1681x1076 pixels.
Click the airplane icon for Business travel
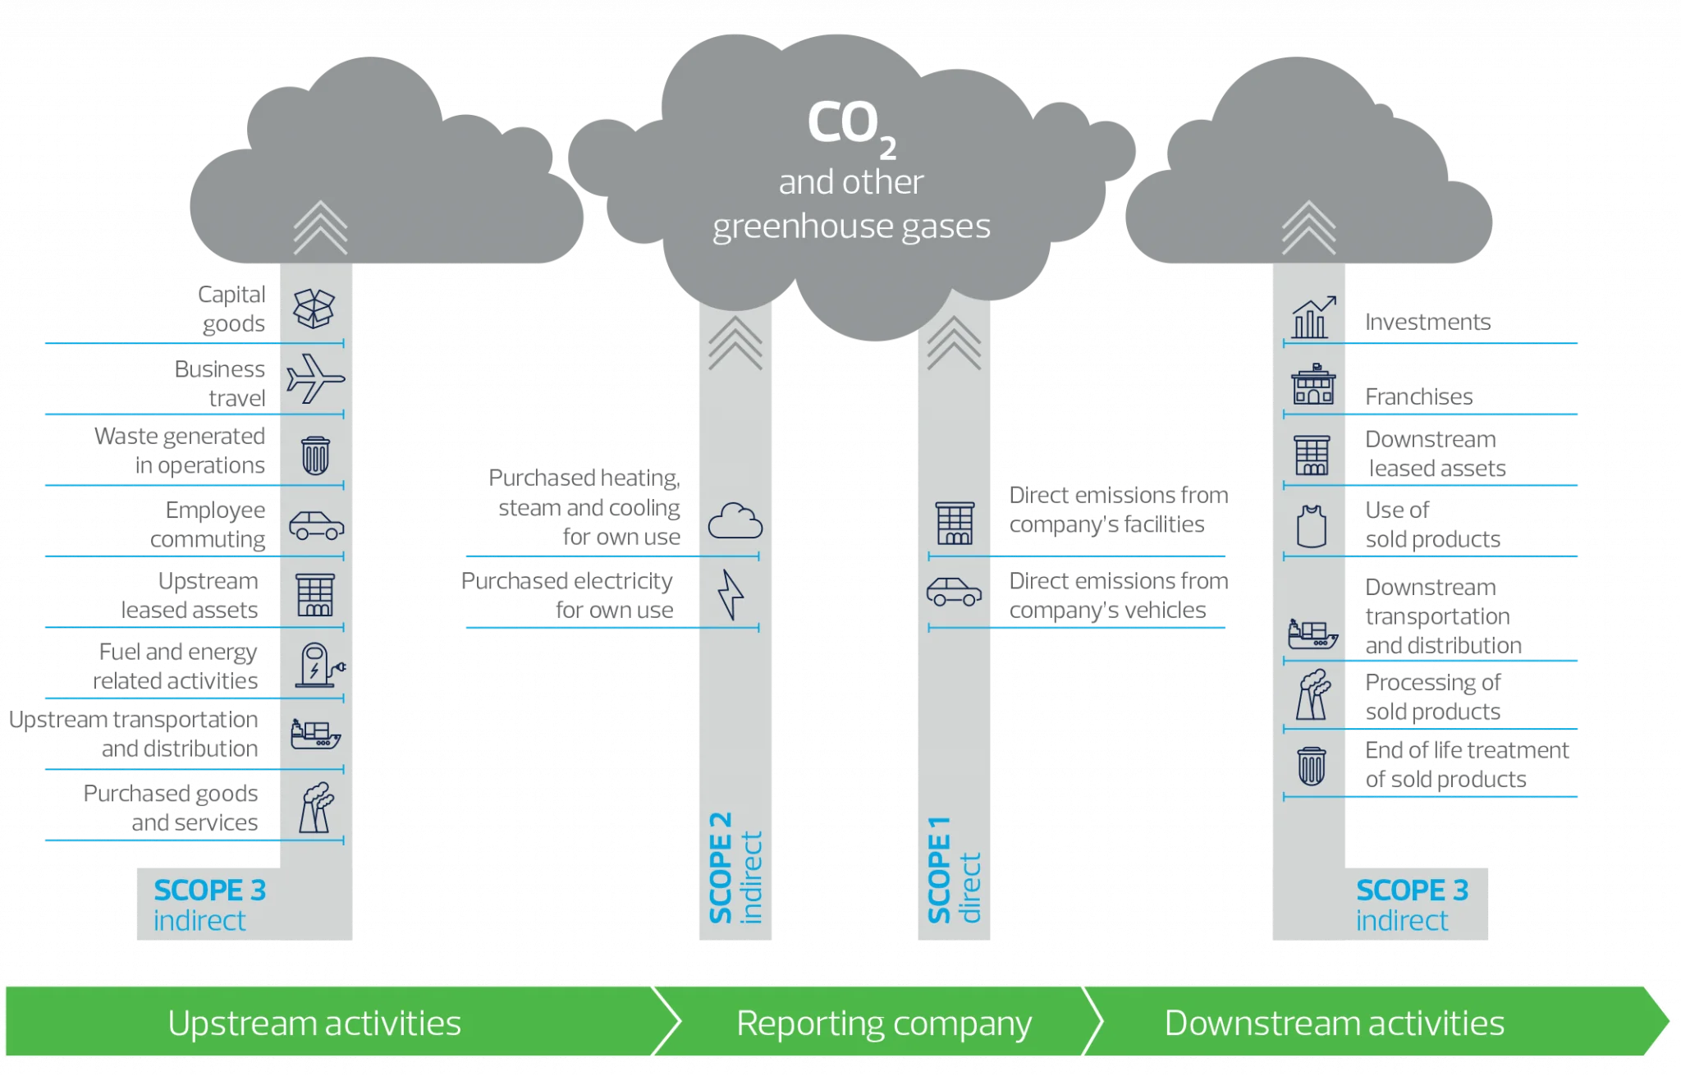point(315,378)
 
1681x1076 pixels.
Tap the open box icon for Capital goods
point(314,309)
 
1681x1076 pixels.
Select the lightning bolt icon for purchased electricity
point(731,594)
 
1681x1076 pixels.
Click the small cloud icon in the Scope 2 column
point(735,521)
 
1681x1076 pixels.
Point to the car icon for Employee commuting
point(316,525)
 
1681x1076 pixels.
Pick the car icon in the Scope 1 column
point(954,592)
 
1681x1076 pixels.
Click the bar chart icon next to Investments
point(1313,318)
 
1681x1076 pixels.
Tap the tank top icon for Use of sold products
point(1311,525)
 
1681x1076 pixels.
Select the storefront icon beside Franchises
point(1312,385)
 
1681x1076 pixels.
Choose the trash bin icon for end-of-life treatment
point(1311,766)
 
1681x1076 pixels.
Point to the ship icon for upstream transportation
point(315,733)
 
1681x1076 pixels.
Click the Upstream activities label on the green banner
point(314,1023)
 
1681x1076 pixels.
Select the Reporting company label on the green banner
point(883,1023)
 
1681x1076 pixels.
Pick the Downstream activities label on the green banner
point(1334,1023)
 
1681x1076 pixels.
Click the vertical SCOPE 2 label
point(721,868)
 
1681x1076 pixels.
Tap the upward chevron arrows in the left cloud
point(320,227)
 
